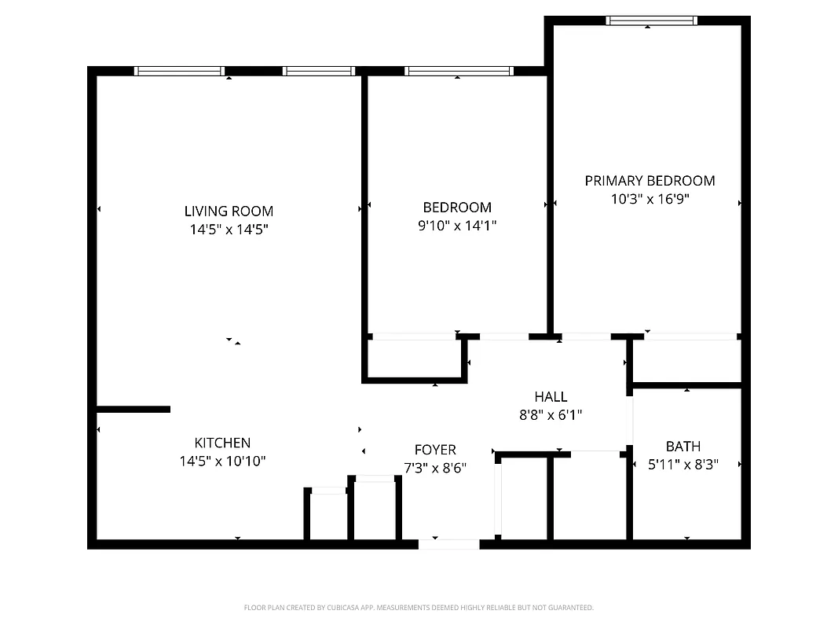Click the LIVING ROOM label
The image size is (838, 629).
pos(229,211)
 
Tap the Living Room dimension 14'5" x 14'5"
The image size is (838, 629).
pos(229,230)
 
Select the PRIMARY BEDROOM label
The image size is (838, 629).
pos(650,181)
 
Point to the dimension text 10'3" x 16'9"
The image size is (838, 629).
pos(650,200)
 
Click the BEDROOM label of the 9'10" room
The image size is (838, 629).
pos(457,208)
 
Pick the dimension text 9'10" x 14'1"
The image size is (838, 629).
pos(457,226)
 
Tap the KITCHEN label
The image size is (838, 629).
pos(222,443)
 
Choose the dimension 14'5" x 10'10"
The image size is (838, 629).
pos(222,462)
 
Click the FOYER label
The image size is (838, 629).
pos(435,450)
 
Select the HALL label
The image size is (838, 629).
pos(550,397)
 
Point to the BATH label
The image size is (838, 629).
pos(682,447)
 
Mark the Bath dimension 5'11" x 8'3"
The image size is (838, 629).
pos(682,465)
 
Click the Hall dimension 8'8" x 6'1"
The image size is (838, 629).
pos(550,415)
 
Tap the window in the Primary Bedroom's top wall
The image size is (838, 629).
pos(651,21)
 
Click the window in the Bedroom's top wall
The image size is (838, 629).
pos(459,71)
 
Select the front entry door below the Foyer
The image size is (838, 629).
pos(448,543)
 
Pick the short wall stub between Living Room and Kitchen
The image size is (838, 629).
pos(133,409)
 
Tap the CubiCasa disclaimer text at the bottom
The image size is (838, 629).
pos(419,608)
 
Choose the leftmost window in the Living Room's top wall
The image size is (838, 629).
pos(179,71)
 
